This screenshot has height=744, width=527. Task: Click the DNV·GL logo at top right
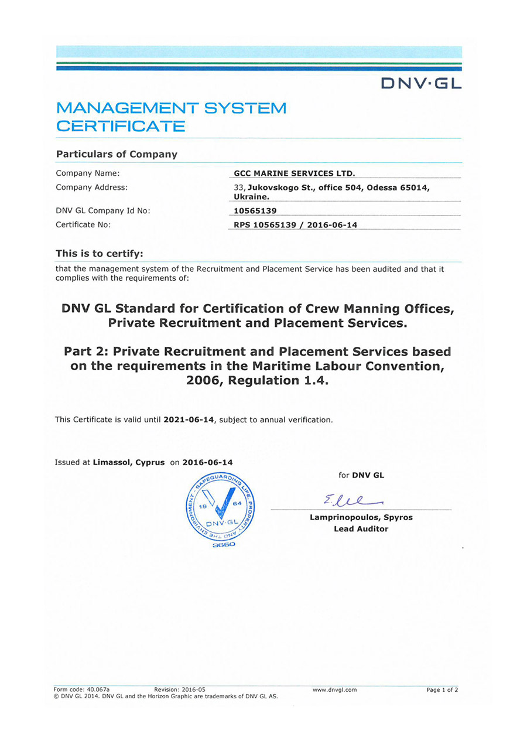pos(421,84)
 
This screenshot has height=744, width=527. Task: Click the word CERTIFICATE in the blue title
pos(121,126)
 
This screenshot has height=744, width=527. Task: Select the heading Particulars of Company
pos(117,154)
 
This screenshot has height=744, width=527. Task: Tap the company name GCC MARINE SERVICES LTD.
pos(294,173)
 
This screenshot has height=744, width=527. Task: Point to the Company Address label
pos(91,187)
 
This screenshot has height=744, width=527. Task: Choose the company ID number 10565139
pos(255,211)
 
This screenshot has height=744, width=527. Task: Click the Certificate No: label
pos(83,224)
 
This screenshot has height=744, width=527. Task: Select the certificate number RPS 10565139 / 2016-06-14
pos(295,225)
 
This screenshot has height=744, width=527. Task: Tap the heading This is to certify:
pos(99,253)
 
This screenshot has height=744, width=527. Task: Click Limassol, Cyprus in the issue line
pos(129,462)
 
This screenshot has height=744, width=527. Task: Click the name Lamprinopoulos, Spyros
pos(361,517)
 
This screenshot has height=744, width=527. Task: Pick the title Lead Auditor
pos(361,529)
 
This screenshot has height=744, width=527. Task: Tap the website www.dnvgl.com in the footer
pos(334,690)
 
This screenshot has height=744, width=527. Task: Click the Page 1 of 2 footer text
pos(442,690)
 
